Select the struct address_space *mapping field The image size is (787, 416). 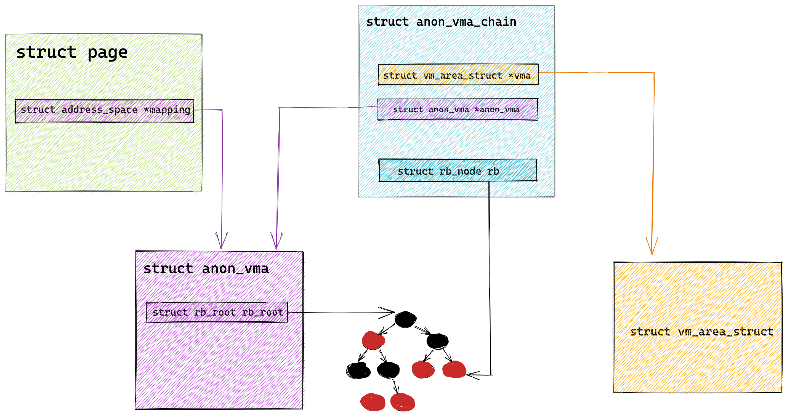(x=105, y=111)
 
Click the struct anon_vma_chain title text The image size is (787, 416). (x=441, y=22)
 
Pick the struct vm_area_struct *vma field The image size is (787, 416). (x=458, y=74)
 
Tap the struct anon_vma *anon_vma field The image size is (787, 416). (x=458, y=109)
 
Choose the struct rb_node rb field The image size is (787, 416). (x=458, y=170)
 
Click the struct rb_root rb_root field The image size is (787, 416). (x=217, y=312)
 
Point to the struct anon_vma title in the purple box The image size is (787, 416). (x=206, y=269)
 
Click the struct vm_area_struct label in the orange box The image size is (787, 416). (x=701, y=332)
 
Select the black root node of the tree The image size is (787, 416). (x=405, y=319)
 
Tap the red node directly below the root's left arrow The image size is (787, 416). (x=373, y=340)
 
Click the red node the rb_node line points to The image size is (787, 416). (x=454, y=369)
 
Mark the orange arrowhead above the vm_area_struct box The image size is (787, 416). (x=652, y=246)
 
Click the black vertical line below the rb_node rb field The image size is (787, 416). (x=490, y=278)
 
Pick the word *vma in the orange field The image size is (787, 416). (x=519, y=75)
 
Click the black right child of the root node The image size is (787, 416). (x=437, y=341)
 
